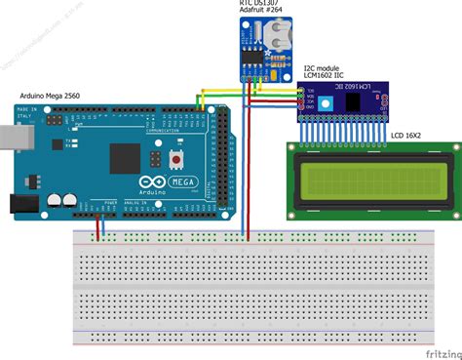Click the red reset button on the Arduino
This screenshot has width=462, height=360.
coord(175,156)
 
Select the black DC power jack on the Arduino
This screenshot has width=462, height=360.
coord(21,204)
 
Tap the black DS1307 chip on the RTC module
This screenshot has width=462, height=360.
coord(252,63)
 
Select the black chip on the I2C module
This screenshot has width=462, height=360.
coord(358,100)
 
